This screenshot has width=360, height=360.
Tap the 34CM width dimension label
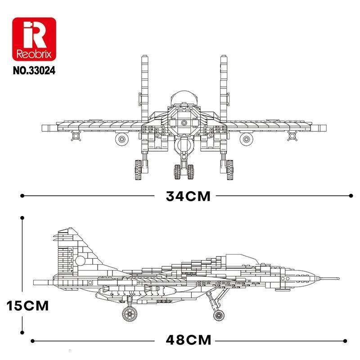point(188,197)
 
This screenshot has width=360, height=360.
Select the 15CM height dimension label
point(27,306)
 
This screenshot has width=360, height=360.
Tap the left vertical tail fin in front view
point(145,88)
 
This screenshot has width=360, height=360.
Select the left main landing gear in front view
point(139,167)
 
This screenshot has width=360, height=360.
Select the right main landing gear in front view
point(227,167)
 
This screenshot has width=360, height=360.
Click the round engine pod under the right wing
point(246,139)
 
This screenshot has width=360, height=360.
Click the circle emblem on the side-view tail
point(80,261)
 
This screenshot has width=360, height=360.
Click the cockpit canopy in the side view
point(241,259)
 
